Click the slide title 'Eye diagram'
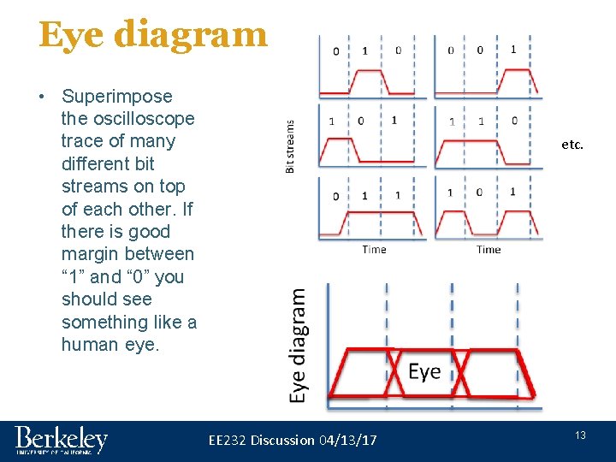point(153,36)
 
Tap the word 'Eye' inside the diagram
point(424,371)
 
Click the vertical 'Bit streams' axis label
point(290,146)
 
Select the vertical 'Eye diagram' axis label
point(298,345)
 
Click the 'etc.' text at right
point(572,145)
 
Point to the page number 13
point(580,435)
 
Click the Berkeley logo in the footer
point(61,440)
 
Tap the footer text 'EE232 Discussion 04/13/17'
point(293,440)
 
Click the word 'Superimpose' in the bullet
point(117,96)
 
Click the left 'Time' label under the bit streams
point(374,250)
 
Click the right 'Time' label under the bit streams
point(489,250)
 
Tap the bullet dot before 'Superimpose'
point(42,96)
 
